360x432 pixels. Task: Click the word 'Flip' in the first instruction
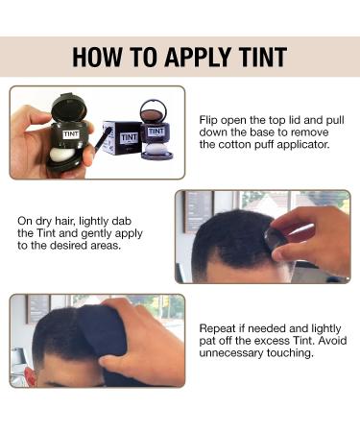pyautogui.click(x=211, y=119)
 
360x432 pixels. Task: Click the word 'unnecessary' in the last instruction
pyautogui.click(x=235, y=353)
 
